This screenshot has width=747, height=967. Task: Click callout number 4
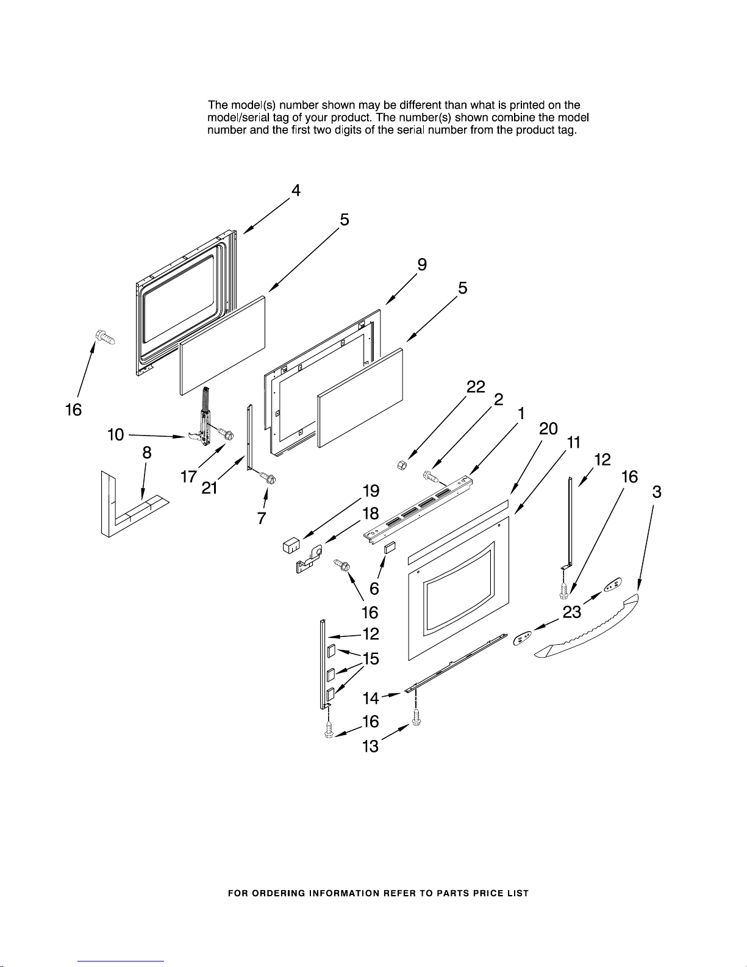click(296, 190)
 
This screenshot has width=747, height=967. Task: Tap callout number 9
click(422, 264)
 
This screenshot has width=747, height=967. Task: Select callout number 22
click(476, 387)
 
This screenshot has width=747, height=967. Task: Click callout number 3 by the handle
click(656, 492)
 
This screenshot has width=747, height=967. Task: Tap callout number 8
click(147, 453)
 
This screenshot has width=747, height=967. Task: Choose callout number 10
click(115, 434)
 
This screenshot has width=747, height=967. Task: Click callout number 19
click(371, 491)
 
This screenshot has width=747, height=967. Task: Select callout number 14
click(371, 697)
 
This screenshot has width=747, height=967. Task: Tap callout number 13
click(370, 746)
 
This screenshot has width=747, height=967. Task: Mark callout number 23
click(572, 612)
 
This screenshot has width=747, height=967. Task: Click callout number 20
click(548, 429)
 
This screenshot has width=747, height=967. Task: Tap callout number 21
click(210, 488)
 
